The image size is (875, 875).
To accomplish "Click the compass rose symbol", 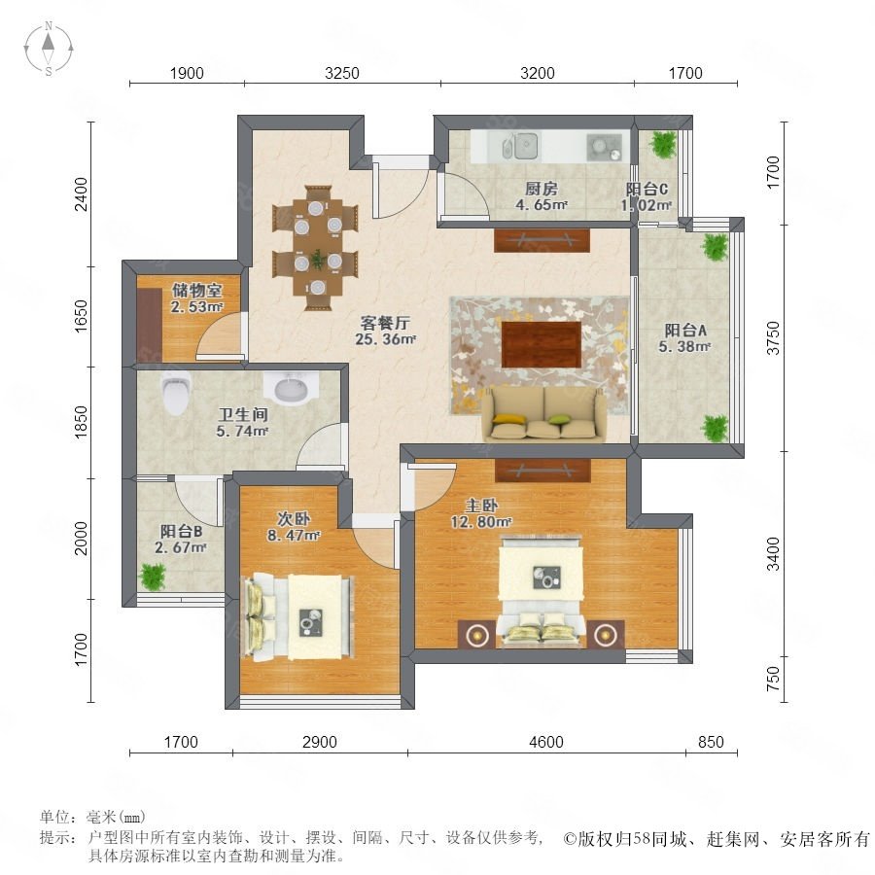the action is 49,49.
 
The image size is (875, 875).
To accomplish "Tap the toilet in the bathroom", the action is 176,394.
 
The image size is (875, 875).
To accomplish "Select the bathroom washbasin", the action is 291,386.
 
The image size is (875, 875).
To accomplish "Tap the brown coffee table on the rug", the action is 542,344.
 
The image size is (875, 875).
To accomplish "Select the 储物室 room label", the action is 196,290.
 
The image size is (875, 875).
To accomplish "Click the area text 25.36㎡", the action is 386,338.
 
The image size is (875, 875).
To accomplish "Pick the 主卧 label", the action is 481,506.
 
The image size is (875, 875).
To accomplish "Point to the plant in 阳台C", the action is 663,144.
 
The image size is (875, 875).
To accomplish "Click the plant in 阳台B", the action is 153,577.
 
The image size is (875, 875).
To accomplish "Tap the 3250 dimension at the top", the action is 342,73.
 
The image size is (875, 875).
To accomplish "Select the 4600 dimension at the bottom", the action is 546,742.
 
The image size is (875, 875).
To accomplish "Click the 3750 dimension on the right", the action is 773,337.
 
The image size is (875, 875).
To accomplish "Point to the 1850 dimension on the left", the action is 82,422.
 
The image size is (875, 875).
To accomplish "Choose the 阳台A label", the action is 685,331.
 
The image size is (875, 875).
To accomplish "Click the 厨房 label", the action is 542,189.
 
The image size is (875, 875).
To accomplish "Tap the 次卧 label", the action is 294,519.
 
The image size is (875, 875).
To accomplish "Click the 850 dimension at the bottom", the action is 711,742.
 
